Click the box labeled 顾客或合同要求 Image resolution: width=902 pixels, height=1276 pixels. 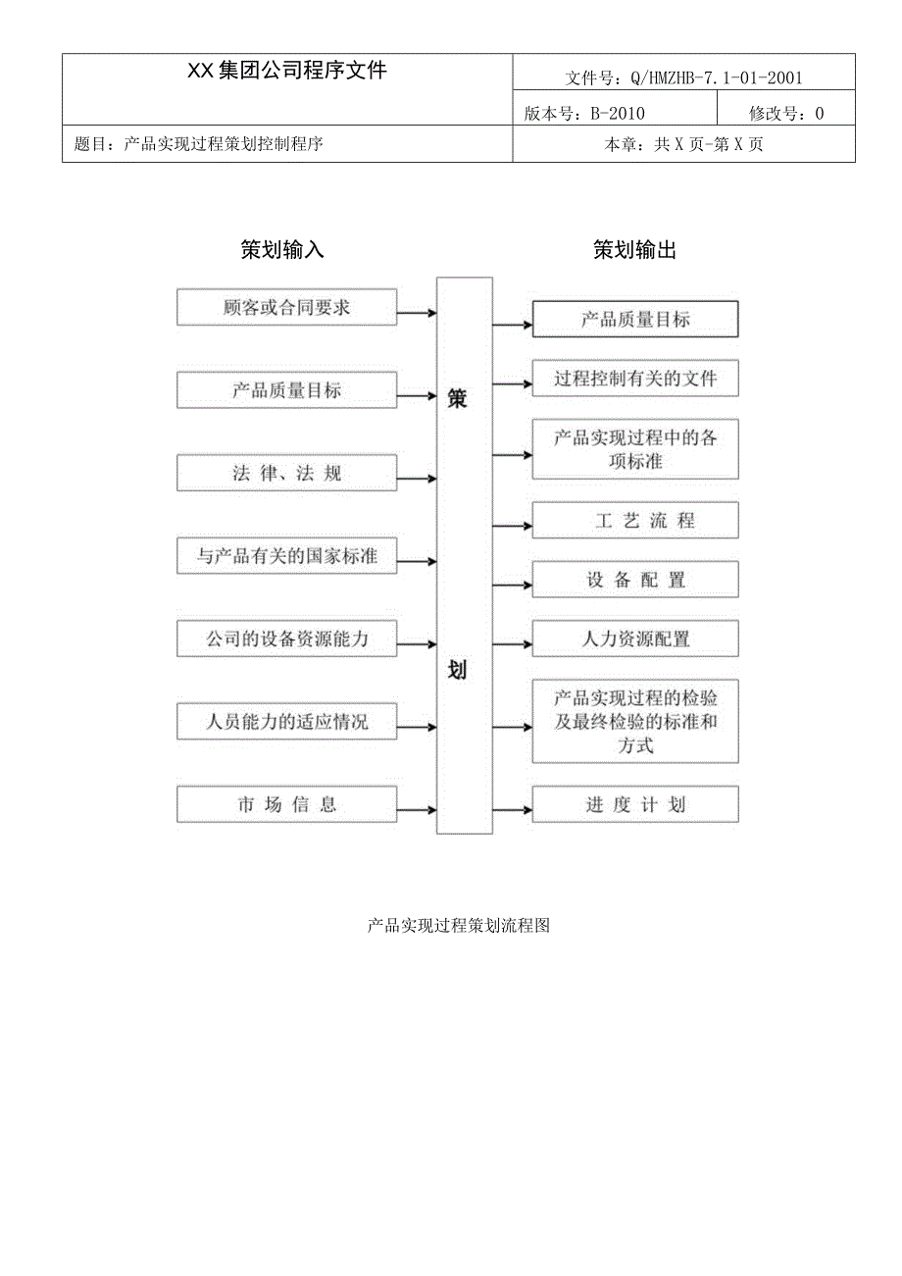(x=286, y=307)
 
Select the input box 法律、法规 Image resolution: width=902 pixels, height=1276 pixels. (x=286, y=473)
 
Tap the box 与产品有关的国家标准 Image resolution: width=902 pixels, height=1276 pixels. (x=286, y=556)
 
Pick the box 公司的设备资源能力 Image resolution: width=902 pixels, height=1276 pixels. (x=286, y=638)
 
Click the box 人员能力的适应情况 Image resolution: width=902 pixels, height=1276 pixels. (x=286, y=722)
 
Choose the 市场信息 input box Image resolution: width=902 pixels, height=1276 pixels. (x=286, y=804)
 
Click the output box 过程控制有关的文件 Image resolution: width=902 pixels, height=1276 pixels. (x=634, y=379)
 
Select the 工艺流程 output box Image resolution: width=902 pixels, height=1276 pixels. (x=634, y=521)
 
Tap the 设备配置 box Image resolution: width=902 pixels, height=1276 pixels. (x=634, y=580)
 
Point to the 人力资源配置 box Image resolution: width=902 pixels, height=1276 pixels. (x=634, y=638)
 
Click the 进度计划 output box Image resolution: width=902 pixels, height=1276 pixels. (x=634, y=804)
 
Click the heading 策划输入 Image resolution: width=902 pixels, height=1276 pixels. (x=282, y=250)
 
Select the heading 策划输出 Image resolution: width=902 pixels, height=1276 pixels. (x=634, y=250)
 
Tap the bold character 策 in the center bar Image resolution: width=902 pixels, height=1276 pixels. (x=457, y=399)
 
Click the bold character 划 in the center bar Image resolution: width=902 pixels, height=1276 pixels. (x=457, y=671)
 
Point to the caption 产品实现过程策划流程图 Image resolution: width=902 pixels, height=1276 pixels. (x=458, y=925)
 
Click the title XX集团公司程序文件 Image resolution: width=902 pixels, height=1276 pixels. (x=287, y=71)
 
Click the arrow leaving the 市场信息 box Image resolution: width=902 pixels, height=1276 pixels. (x=417, y=810)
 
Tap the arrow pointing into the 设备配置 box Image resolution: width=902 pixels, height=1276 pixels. (x=512, y=586)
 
